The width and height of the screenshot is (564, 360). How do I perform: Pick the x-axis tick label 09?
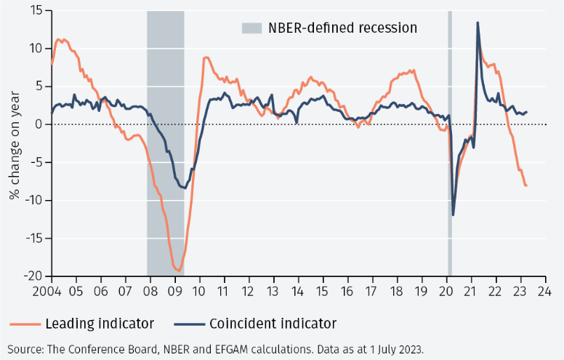click(175, 291)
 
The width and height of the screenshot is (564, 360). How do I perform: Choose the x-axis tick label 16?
click(347, 291)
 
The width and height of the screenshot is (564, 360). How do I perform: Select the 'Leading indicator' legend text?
click(99, 323)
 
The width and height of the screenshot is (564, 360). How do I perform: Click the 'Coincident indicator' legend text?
click(273, 323)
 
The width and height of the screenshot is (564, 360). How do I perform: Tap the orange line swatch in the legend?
click(24, 324)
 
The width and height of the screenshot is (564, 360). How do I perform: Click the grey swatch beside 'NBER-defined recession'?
click(251, 28)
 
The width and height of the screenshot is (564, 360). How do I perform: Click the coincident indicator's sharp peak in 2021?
click(478, 23)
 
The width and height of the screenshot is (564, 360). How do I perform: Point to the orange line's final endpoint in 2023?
click(526, 185)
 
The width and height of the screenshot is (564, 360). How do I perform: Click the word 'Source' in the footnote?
click(24, 348)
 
